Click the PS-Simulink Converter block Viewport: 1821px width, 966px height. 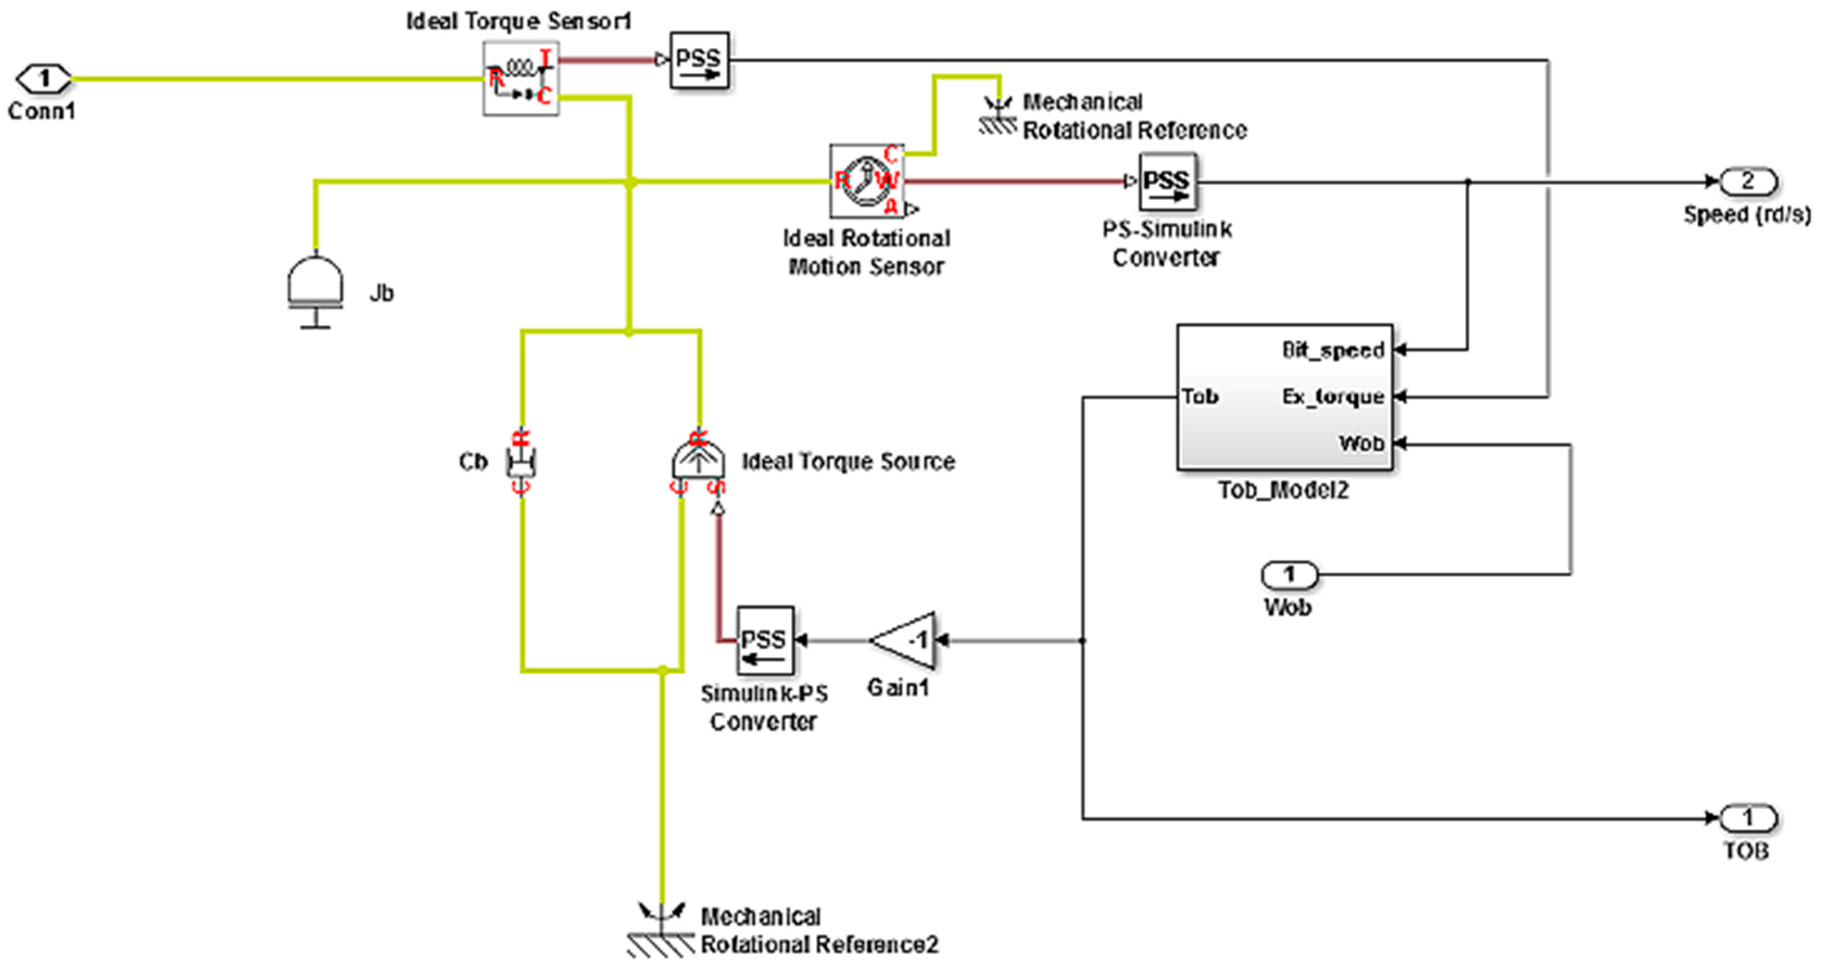[1167, 182]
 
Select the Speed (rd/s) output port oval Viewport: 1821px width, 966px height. [1747, 182]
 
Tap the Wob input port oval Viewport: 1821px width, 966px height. [1289, 575]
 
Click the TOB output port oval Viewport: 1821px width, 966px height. [1747, 818]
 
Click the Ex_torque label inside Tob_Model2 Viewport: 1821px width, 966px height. [1333, 397]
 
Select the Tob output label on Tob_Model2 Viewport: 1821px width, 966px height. [1200, 397]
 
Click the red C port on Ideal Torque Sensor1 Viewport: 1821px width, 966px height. [543, 96]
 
